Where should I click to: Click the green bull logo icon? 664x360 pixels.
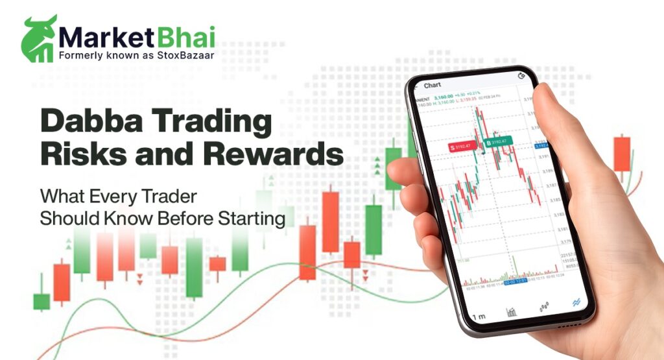click(x=38, y=38)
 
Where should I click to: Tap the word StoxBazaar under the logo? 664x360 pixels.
click(x=188, y=56)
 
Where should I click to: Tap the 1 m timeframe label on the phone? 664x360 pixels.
click(x=479, y=317)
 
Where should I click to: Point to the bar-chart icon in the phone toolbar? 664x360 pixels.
click(x=512, y=312)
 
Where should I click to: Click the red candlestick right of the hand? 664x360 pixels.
click(x=622, y=153)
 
